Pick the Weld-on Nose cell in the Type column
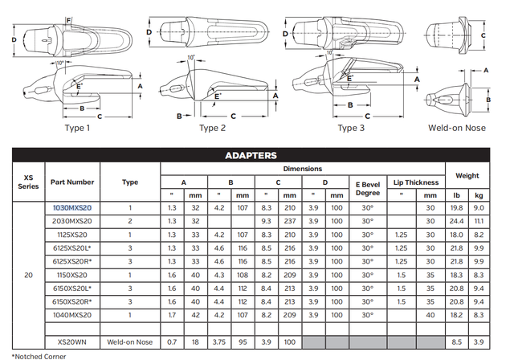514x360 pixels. click(130, 342)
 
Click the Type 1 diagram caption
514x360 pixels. click(77, 127)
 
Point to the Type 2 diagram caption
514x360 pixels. click(213, 127)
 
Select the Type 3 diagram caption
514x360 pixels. click(351, 127)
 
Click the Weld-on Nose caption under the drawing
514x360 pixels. click(456, 127)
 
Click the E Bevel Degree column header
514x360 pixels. click(368, 188)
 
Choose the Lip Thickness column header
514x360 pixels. click(416, 182)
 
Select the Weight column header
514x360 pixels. click(467, 175)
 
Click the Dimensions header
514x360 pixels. click(303, 169)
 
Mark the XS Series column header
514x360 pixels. click(28, 182)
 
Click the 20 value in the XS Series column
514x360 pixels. click(28, 275)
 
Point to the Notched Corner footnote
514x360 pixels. click(34, 355)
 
